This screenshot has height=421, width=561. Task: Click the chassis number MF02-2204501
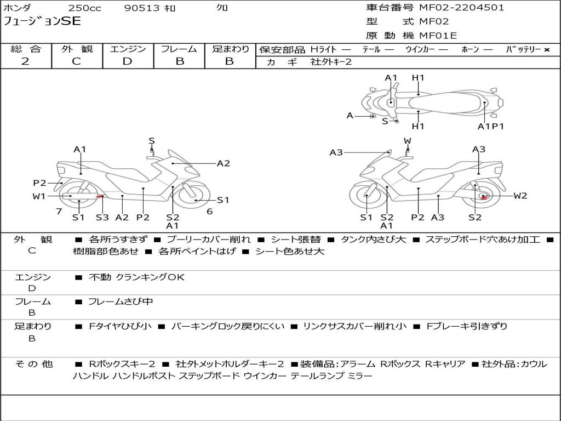[461, 8]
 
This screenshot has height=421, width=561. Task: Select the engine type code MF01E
[438, 36]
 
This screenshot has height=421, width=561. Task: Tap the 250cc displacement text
[85, 8]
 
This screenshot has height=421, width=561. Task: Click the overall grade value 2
[25, 61]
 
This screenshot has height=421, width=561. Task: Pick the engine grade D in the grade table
[127, 61]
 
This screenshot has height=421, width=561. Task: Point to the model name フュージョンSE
[42, 21]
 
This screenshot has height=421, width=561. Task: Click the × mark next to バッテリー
[547, 50]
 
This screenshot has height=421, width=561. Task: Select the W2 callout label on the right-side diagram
[520, 196]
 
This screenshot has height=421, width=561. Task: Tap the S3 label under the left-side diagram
[102, 217]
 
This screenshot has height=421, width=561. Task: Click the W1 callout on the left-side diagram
[39, 196]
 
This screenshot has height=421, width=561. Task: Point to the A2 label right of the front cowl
[224, 163]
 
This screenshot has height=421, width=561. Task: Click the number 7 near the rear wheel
[59, 212]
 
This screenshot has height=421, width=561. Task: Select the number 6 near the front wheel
[210, 212]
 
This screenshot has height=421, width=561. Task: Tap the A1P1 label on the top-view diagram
[490, 127]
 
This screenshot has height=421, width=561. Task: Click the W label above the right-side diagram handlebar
[408, 141]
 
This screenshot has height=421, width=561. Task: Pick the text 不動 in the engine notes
[100, 277]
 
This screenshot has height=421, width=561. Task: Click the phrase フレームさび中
[121, 302]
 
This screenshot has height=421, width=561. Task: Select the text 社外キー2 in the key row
[331, 62]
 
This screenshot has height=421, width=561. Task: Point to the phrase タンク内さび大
[373, 240]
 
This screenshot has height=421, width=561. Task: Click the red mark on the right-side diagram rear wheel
[484, 197]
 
